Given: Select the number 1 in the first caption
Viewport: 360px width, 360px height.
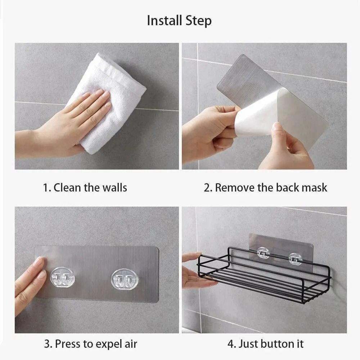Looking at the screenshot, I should [45, 188].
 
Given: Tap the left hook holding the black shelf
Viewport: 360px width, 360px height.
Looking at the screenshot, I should [263, 253].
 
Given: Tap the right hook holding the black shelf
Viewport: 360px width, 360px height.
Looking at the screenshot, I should [295, 258].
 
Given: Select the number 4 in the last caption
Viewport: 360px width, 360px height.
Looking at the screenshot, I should [230, 344].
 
